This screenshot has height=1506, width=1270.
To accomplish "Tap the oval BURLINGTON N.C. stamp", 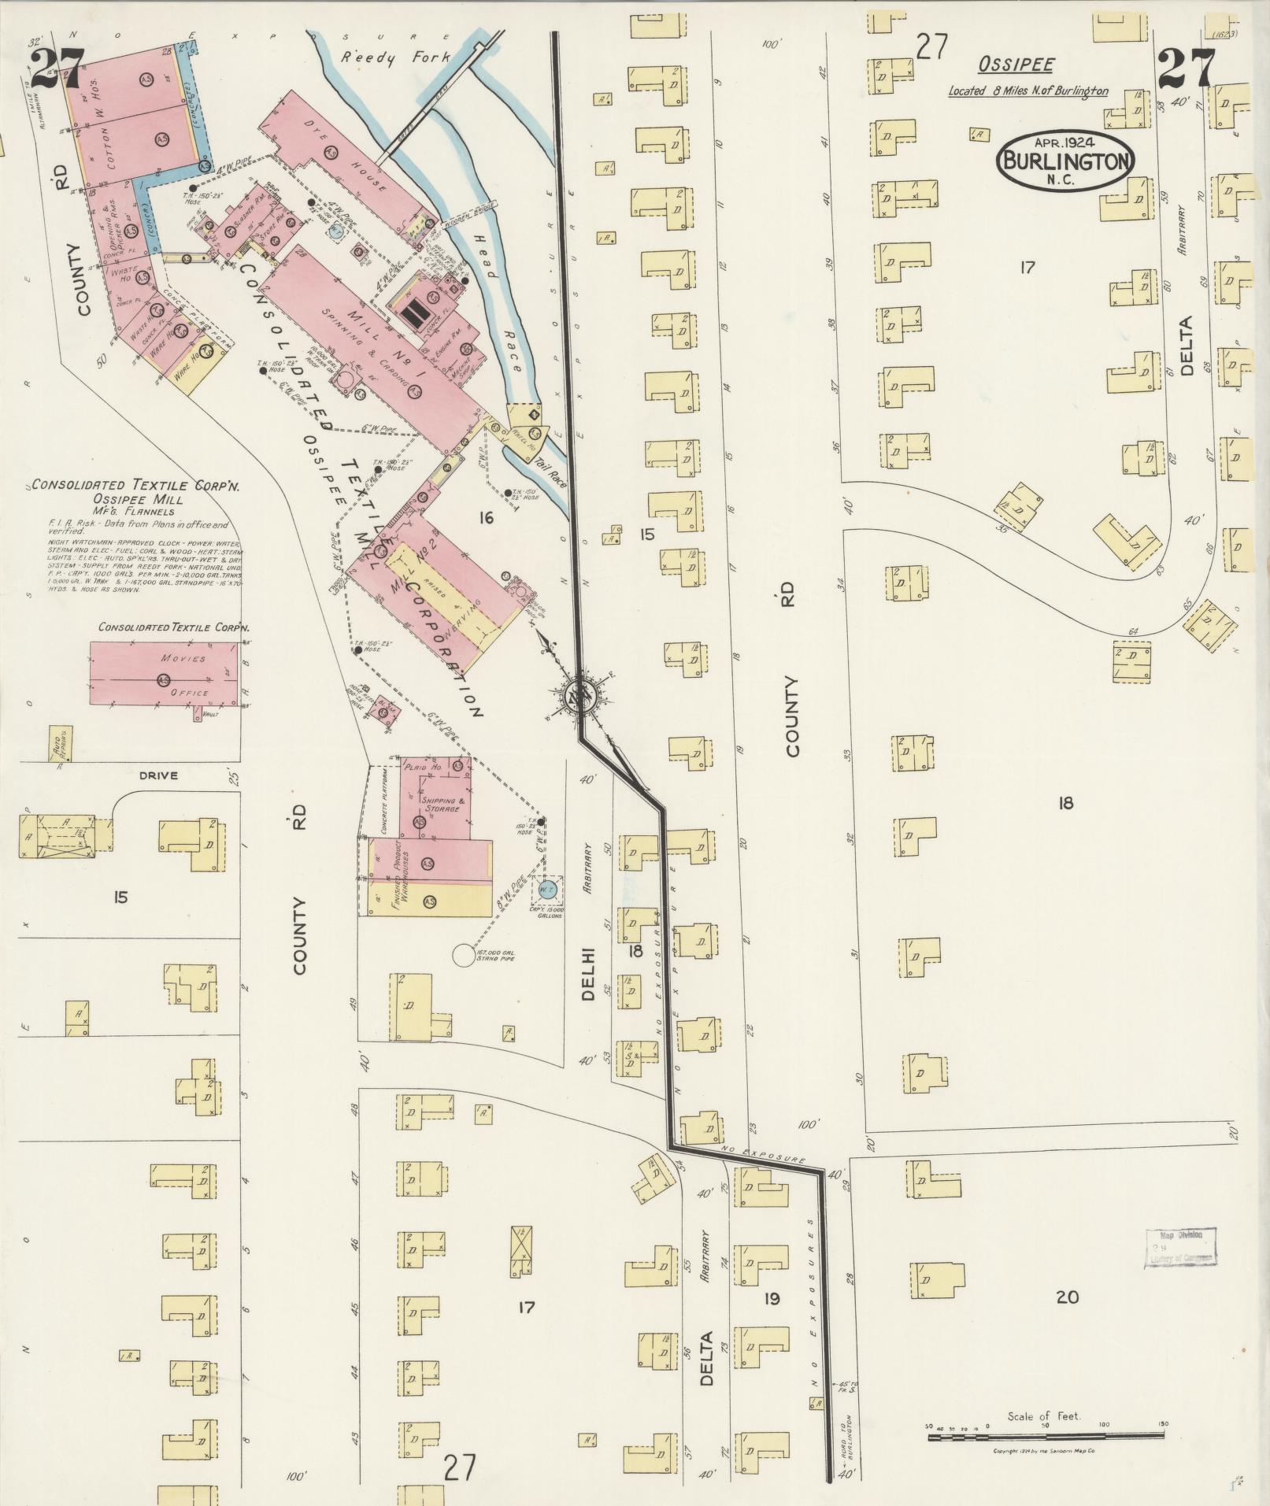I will point(1067,161).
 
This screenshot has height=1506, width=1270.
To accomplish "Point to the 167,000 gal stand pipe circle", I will point(466,957).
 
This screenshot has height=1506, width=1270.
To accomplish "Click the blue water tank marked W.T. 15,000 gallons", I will point(548,890).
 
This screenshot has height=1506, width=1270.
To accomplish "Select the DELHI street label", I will point(588,974).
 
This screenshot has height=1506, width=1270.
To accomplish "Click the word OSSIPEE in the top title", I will point(1016,65).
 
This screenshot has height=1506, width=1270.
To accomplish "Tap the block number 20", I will point(1067,1297).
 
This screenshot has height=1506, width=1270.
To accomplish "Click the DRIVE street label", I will point(159,775).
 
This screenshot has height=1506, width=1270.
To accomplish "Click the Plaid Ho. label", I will point(426,766).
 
